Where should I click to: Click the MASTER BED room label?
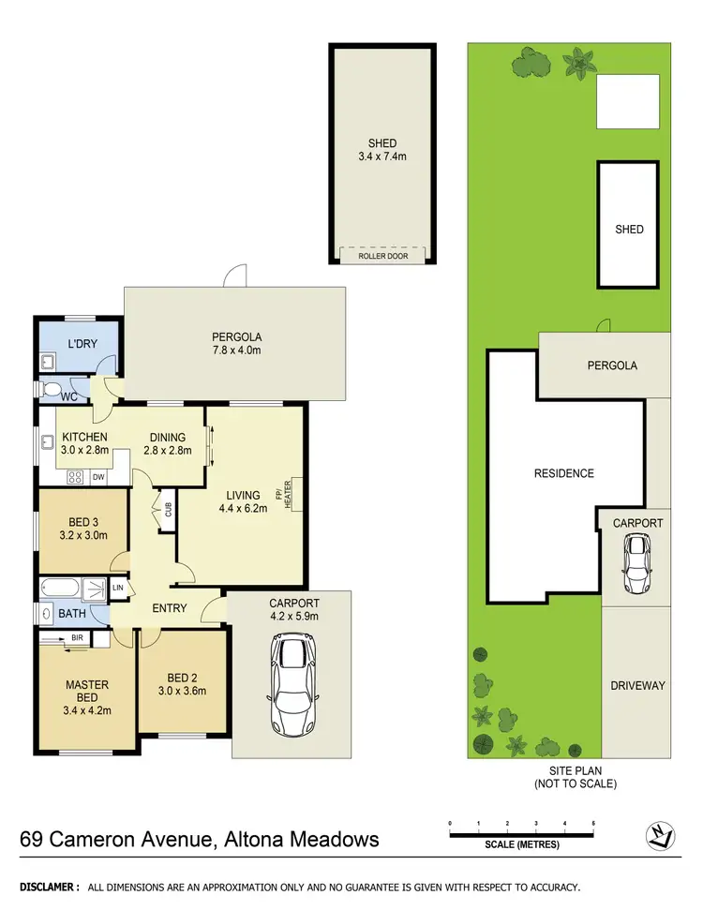[x=87, y=691]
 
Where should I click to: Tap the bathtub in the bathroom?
[x=61, y=589]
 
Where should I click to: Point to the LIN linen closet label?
[x=118, y=588]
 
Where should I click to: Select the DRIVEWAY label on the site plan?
[x=637, y=685]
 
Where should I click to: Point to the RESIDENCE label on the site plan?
[x=564, y=473]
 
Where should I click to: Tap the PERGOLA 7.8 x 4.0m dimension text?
[x=236, y=351]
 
